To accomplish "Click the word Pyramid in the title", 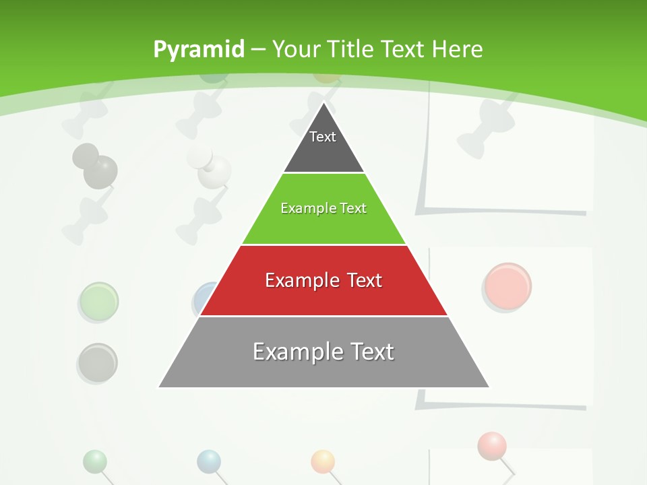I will (x=198, y=50).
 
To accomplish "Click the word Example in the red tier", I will (x=301, y=280).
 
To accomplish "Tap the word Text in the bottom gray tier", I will (x=368, y=352).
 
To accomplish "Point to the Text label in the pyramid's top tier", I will (x=322, y=137).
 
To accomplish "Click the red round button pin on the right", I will (x=508, y=286).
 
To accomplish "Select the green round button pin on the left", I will (x=98, y=301).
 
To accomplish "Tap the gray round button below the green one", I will (x=98, y=362).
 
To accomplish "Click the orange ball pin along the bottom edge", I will (x=323, y=461).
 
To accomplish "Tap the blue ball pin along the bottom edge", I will (x=209, y=461).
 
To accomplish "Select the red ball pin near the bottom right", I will (x=492, y=445).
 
